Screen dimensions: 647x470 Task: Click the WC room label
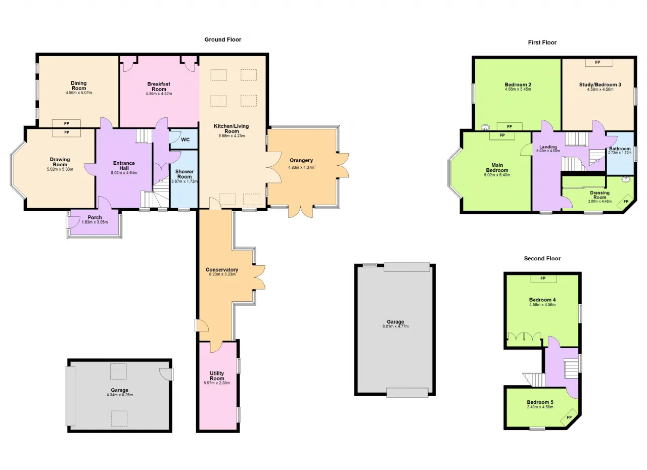pyautogui.click(x=185, y=139)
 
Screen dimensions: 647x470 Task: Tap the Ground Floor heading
pyautogui.click(x=223, y=39)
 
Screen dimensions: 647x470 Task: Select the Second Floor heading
pyautogui.click(x=542, y=258)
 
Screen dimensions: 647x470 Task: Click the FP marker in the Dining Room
pyautogui.click(x=66, y=123)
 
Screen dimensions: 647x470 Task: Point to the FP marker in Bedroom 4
pyautogui.click(x=543, y=278)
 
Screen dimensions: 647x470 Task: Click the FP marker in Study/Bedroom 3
pyautogui.click(x=597, y=62)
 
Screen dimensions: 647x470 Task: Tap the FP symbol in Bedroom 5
pyautogui.click(x=569, y=417)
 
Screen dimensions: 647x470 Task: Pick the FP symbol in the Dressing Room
pyautogui.click(x=626, y=202)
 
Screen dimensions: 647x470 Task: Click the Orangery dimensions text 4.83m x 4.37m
pyautogui.click(x=301, y=167)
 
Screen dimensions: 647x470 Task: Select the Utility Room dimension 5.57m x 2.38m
pyautogui.click(x=217, y=383)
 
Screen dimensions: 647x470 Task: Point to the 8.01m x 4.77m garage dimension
pyautogui.click(x=395, y=326)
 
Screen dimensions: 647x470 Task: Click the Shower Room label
pyautogui.click(x=184, y=174)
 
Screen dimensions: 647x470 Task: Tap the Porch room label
pyautogui.click(x=95, y=217)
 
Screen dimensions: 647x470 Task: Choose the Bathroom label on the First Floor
pyautogui.click(x=620, y=149)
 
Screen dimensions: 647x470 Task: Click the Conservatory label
pyautogui.click(x=222, y=270)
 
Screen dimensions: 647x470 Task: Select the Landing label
pyautogui.click(x=548, y=147)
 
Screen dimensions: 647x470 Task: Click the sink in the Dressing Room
pyautogui.click(x=626, y=179)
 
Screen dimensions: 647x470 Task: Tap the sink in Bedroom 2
pyautogui.click(x=485, y=127)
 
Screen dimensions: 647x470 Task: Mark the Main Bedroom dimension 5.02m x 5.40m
pyautogui.click(x=497, y=175)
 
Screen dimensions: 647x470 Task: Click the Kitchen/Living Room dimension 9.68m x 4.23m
pyautogui.click(x=232, y=136)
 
